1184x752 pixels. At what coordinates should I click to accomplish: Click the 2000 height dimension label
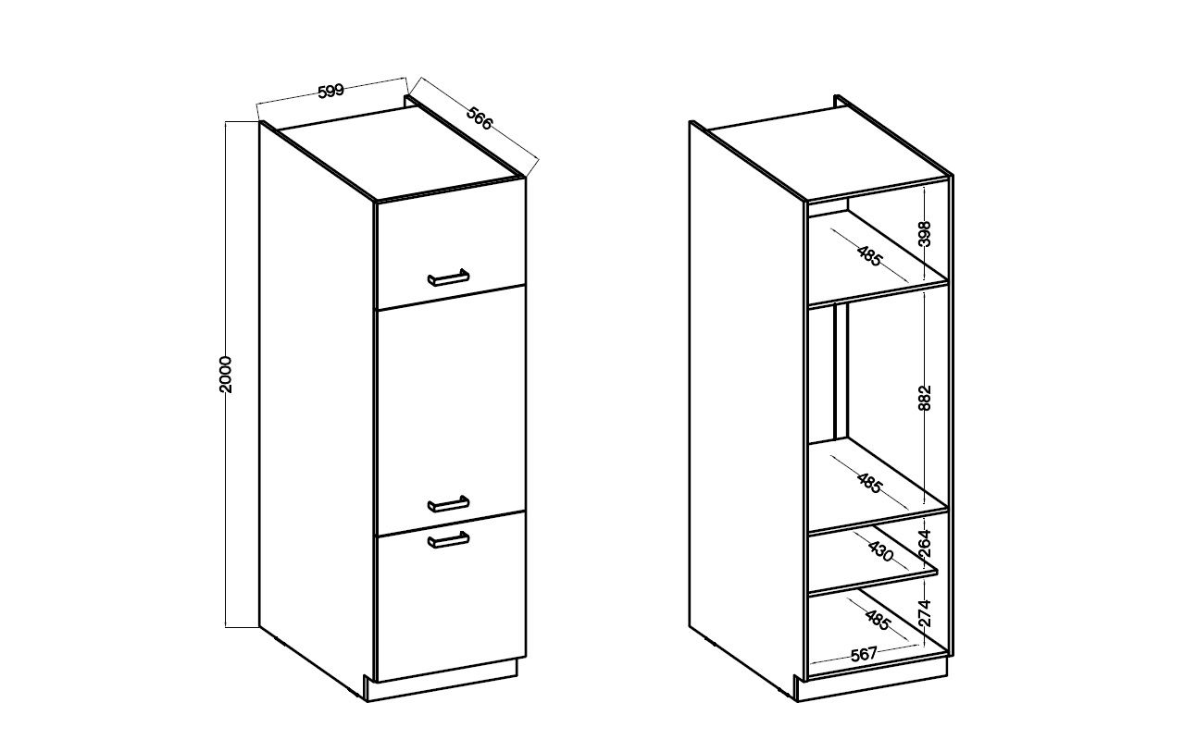coord(226,375)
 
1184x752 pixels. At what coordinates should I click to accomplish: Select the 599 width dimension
coord(330,91)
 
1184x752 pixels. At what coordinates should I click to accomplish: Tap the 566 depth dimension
coord(480,118)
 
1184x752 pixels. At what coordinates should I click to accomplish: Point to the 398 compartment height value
coord(925,233)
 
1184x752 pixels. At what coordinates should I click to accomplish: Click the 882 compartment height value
coord(925,398)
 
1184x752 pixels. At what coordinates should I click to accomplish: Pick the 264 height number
coord(925,543)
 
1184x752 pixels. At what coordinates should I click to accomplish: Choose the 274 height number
coord(925,612)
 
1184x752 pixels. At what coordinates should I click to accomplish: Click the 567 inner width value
coord(864,655)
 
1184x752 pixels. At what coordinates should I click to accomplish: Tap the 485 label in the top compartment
coord(869,255)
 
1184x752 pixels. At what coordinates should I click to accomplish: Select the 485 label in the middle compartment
coord(869,483)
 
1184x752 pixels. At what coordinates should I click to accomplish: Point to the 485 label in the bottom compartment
coord(878,620)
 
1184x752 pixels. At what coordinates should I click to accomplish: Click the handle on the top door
coord(448,277)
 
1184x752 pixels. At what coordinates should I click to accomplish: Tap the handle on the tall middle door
coord(448,504)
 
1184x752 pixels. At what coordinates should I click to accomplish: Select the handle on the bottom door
coord(448,539)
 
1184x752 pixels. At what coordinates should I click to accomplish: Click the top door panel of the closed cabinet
coord(450,243)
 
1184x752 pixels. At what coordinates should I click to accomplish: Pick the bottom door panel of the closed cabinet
coord(450,597)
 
